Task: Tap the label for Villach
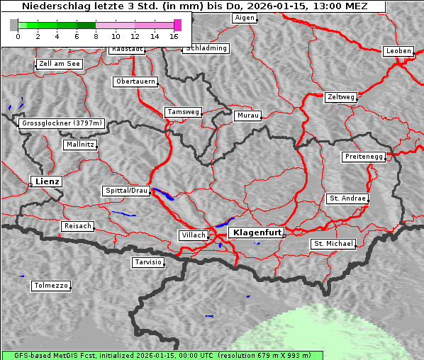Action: tap(193, 235)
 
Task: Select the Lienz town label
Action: tap(46, 181)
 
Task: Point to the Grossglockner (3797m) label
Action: tap(62, 123)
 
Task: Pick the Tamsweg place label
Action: tap(184, 112)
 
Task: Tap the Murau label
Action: tap(248, 115)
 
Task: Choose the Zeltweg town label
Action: tap(341, 96)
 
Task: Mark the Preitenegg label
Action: tap(364, 157)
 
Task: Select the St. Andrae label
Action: tap(347, 198)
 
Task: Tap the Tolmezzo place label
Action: tap(51, 286)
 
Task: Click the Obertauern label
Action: tap(135, 81)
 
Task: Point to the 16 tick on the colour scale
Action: tap(174, 35)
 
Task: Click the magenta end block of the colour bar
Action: tap(177, 25)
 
